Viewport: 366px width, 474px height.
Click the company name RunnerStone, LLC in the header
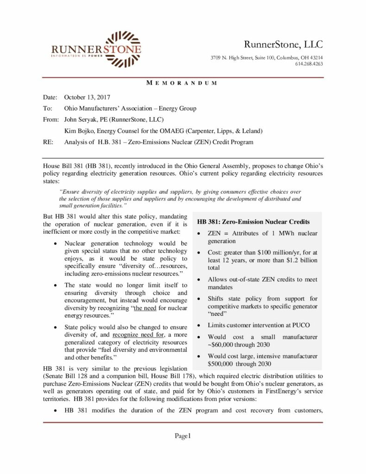[x=283, y=44]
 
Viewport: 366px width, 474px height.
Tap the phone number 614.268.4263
[x=309, y=63]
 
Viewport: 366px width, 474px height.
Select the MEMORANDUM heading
[x=182, y=83]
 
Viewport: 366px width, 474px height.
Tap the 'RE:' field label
[x=48, y=142]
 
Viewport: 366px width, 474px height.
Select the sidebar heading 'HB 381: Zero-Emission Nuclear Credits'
[x=254, y=222]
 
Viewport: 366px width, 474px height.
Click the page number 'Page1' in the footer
[x=182, y=436]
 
